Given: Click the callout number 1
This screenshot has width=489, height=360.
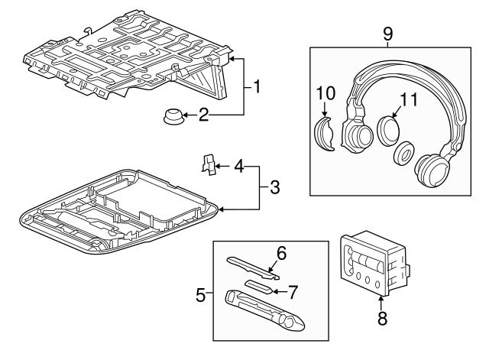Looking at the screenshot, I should (x=257, y=87).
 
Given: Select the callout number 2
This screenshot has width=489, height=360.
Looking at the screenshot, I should (x=203, y=115).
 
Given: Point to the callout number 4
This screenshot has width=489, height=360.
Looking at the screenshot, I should (x=240, y=164).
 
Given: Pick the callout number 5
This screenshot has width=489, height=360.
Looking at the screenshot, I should (x=200, y=294).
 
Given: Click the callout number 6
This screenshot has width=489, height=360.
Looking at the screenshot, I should (x=281, y=251).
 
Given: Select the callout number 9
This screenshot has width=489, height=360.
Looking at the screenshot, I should (x=387, y=34).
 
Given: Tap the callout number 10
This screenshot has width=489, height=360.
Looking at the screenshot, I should (x=326, y=93).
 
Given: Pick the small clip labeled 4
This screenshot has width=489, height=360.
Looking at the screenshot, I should (x=207, y=163).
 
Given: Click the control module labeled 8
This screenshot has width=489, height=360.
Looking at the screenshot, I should (x=374, y=264).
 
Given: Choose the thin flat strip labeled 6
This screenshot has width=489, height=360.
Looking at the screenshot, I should (x=252, y=264).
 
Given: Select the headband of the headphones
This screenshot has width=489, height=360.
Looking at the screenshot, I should (x=405, y=73).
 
